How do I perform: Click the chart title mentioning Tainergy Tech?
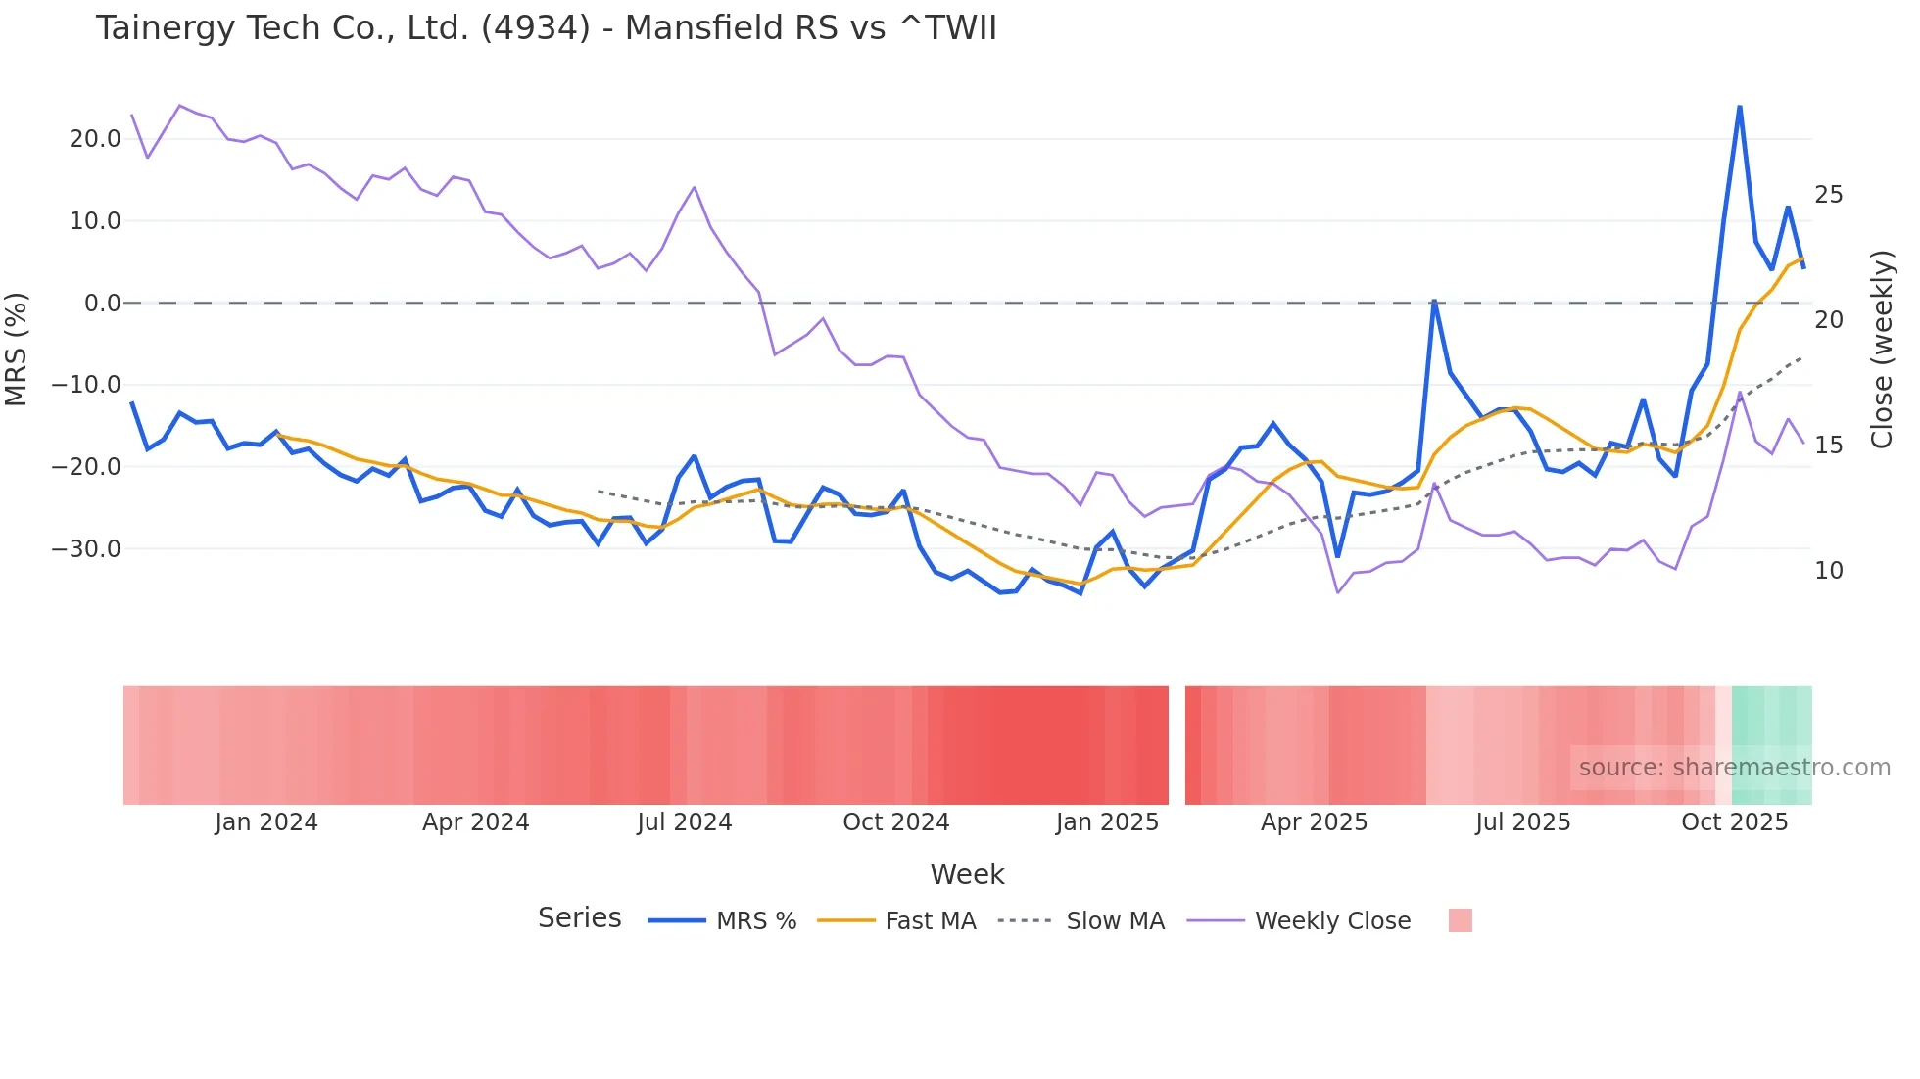coord(546,28)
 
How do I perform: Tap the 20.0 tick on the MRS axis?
coord(95,139)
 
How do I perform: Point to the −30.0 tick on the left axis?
coord(87,549)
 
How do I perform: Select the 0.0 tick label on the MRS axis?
coord(103,304)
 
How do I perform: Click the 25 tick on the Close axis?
coord(1828,195)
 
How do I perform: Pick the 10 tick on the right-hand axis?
coord(1828,571)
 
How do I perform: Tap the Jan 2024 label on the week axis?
coord(266,822)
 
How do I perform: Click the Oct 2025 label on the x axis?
coord(1734,822)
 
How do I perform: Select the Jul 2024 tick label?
coord(684,822)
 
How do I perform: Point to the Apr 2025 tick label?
coord(1314,822)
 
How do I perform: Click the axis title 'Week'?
coord(967,874)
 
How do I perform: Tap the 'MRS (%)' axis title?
coord(17,349)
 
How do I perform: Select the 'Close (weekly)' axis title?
coord(1882,349)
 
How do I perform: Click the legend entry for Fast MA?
coord(930,921)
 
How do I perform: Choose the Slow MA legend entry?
coord(1115,921)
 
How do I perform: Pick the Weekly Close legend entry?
coord(1332,921)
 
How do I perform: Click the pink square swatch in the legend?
coord(1460,920)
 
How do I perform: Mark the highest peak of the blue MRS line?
coord(1740,106)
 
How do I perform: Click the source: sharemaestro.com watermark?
coord(1734,768)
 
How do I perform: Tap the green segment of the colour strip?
coord(1771,725)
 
